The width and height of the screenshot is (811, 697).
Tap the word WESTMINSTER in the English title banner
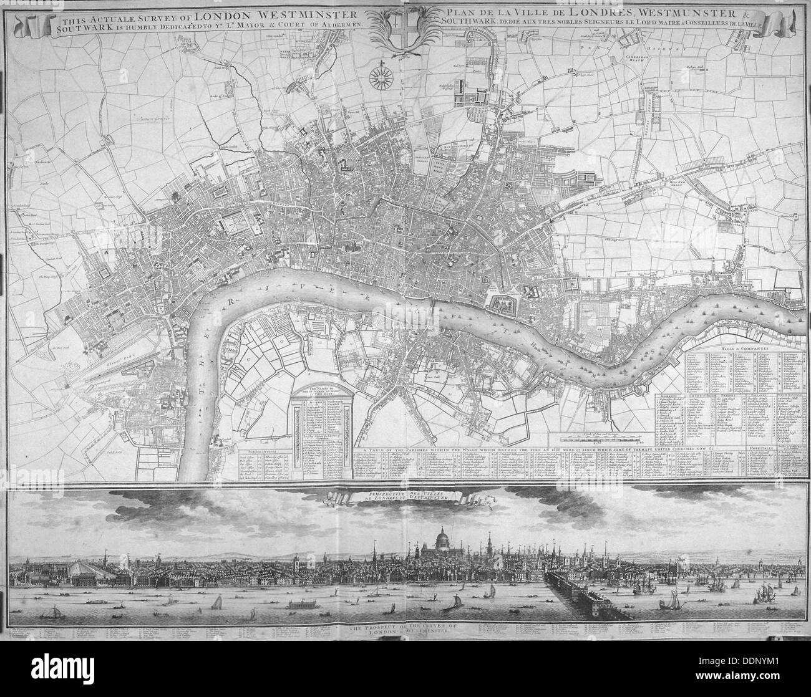[316, 14]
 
